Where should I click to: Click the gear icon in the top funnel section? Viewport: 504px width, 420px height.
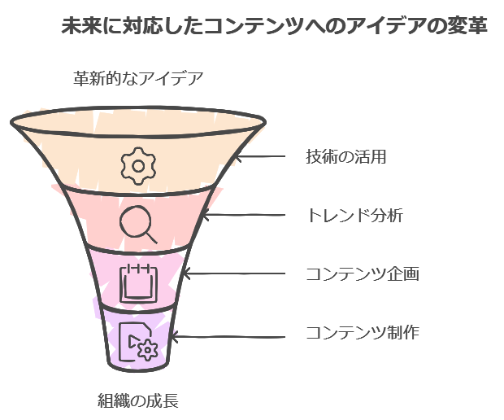tap(137, 165)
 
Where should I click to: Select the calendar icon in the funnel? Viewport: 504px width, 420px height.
tap(137, 282)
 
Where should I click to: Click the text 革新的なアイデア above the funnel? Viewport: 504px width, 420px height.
tap(138, 79)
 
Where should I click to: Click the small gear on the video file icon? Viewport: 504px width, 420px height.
tap(147, 351)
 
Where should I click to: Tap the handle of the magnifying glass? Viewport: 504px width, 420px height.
tap(150, 237)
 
